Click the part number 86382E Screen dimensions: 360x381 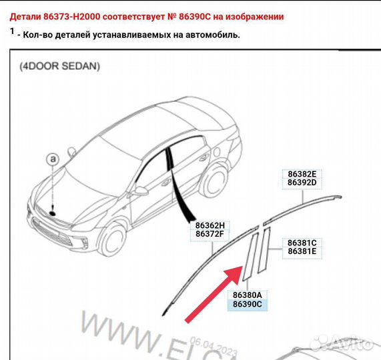(x=302, y=173)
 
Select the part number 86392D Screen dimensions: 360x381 (x=302, y=182)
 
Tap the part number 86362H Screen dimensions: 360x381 (x=210, y=225)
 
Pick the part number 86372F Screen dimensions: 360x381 (x=210, y=234)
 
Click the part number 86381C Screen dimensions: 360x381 (x=302, y=242)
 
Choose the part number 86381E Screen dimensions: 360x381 (x=302, y=251)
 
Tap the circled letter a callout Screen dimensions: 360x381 (x=53, y=159)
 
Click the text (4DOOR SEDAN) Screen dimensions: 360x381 (x=59, y=66)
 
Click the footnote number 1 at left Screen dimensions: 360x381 (x=12, y=31)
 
